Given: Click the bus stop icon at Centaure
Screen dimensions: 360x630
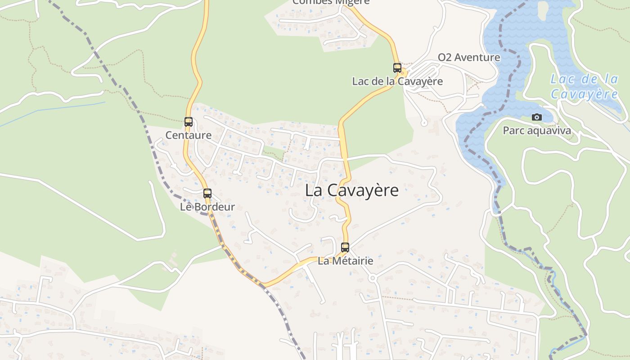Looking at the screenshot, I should coord(189,122).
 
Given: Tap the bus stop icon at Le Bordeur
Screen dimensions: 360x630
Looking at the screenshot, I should coord(207,193).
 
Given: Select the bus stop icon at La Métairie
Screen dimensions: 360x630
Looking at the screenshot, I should coord(345,247).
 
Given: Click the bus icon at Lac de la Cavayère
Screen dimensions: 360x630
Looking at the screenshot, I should coord(397,68).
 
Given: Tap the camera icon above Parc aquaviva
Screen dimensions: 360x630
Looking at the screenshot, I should coord(537,117).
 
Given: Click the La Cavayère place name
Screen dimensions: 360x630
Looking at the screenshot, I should coord(351,190).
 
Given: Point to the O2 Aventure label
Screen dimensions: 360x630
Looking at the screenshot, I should coord(469,58).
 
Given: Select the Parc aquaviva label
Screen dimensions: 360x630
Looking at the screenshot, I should coord(537,131).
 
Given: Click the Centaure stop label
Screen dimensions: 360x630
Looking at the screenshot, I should coord(189,135).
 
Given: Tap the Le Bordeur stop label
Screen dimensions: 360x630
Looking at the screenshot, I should coord(207,207).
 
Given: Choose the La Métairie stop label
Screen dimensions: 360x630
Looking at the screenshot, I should coord(346,261).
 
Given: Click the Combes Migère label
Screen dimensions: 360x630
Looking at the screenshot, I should coord(331,2).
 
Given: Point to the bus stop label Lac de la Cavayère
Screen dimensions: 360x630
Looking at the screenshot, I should coord(397,81).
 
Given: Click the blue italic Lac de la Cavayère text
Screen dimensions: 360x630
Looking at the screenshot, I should coord(585,87).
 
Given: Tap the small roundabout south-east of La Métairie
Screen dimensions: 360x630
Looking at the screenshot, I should coord(372,279).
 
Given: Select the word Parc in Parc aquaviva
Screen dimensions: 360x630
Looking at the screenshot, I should coord(513,131).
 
